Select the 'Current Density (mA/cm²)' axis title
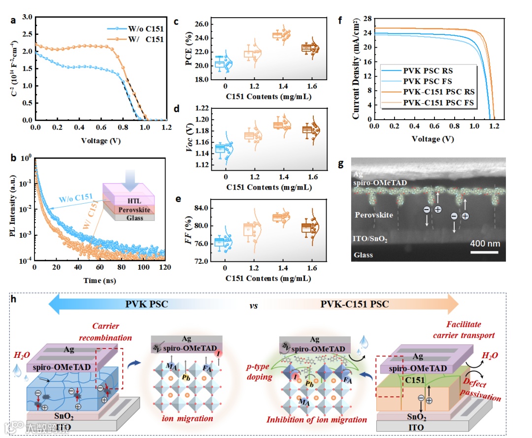(356, 68)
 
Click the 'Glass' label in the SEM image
(364, 255)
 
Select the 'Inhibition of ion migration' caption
(317, 420)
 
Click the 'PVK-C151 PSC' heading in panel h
(354, 304)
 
